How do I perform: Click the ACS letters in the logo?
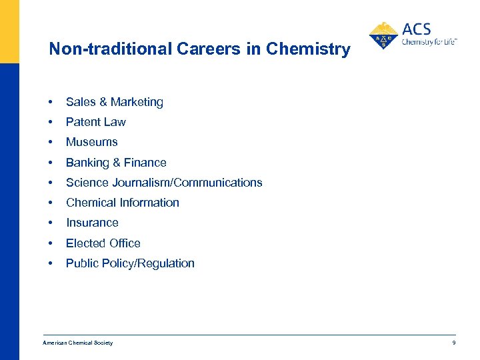417,29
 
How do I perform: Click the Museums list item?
91,142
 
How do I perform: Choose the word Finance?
145,163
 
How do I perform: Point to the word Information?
150,203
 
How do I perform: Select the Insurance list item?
92,223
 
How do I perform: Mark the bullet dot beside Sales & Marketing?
51,102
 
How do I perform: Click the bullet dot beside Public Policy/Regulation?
51,263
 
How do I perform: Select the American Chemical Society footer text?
77,343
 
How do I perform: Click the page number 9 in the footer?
453,343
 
